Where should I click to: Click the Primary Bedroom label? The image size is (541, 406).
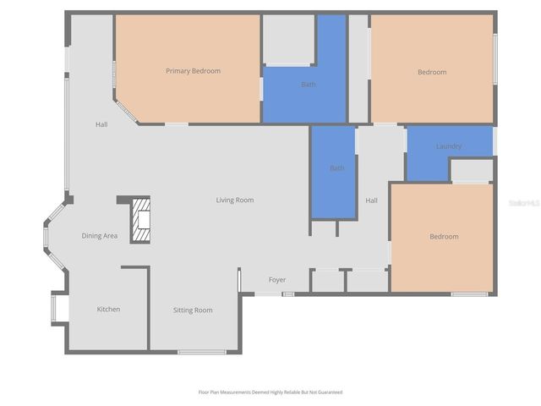(193, 71)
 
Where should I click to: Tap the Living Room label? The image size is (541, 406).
(234, 200)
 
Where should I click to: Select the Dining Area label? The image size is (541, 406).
(99, 236)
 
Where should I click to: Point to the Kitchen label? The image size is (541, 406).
(108, 310)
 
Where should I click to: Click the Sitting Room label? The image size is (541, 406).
(193, 310)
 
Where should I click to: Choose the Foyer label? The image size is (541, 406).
(277, 280)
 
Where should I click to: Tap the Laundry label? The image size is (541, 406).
(449, 146)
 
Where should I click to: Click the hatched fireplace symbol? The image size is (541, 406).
(140, 220)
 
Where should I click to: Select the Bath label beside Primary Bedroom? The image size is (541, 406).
(309, 85)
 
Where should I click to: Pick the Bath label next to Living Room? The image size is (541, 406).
(336, 168)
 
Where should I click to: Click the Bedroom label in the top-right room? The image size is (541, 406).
(432, 73)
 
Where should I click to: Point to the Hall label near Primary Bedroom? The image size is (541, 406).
(101, 125)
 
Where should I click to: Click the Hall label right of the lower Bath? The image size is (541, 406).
(371, 200)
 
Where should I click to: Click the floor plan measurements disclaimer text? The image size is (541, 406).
(270, 392)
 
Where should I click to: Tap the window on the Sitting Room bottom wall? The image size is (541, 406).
(201, 351)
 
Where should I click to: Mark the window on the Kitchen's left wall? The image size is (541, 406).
(54, 307)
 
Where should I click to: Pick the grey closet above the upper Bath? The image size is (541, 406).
(288, 39)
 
